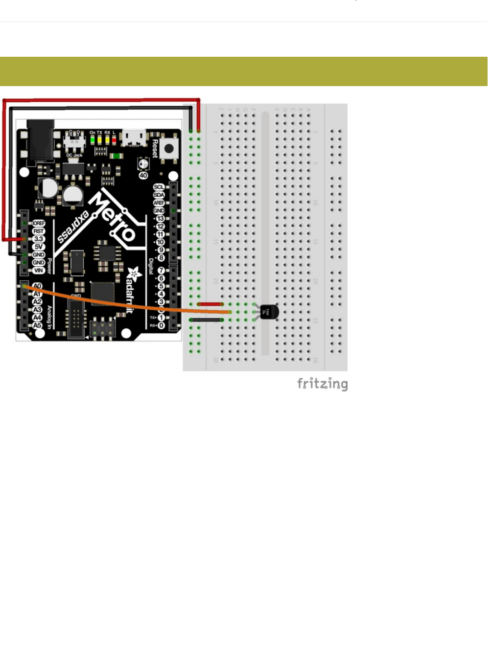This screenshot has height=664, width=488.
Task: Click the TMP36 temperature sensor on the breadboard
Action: (268, 312)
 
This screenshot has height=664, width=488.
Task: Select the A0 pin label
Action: (37, 286)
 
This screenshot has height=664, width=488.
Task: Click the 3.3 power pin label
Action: (38, 239)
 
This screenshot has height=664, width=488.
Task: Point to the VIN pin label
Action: (38, 270)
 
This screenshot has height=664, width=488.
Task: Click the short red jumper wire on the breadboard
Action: (210, 304)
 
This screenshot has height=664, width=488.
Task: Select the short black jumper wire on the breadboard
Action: (206, 320)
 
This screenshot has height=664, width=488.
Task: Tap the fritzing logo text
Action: (322, 384)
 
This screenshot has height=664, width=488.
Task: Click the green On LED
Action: (92, 139)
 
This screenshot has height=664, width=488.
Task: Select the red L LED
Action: (114, 139)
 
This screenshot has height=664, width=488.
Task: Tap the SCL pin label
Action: (159, 187)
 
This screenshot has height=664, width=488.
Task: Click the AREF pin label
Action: (159, 203)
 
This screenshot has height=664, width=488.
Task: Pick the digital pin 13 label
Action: (160, 219)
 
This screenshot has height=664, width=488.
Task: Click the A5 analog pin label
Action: (37, 325)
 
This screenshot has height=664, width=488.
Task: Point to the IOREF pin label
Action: (38, 223)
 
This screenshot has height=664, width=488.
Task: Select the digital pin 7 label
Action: (161, 270)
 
